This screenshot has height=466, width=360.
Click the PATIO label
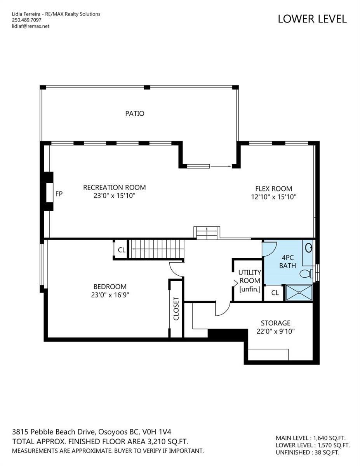tap(135, 113)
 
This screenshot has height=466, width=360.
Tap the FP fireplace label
tap(59, 194)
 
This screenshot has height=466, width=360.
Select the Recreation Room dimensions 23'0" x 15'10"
tap(114, 196)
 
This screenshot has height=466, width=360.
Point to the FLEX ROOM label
tap(273, 189)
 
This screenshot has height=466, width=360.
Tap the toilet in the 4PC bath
tap(306, 274)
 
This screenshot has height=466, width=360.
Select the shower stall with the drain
tap(299, 292)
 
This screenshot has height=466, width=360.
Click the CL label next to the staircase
tap(122, 250)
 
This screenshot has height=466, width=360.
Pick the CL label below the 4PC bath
tap(275, 292)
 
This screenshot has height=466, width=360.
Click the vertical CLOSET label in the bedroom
tap(176, 309)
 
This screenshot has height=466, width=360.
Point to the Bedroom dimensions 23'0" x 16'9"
tap(110, 295)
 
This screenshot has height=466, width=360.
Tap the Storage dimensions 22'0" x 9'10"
tap(275, 331)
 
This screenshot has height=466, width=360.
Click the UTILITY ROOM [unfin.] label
tap(250, 281)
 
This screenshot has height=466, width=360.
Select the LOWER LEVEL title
tap(312, 19)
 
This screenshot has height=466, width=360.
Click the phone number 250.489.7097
tap(26, 20)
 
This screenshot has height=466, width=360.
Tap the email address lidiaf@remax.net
tap(31, 26)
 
